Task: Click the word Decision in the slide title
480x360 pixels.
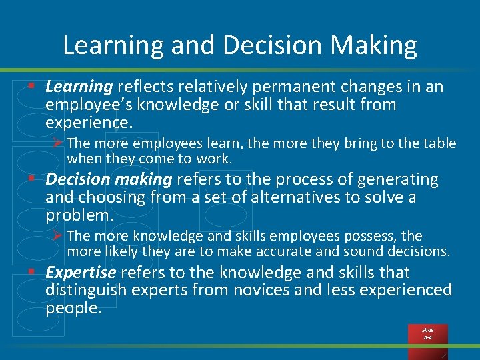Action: [x=264, y=46]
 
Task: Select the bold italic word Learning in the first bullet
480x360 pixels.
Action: [x=79, y=87]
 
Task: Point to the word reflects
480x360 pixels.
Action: [x=145, y=87]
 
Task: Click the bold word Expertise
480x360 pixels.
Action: [x=81, y=273]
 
